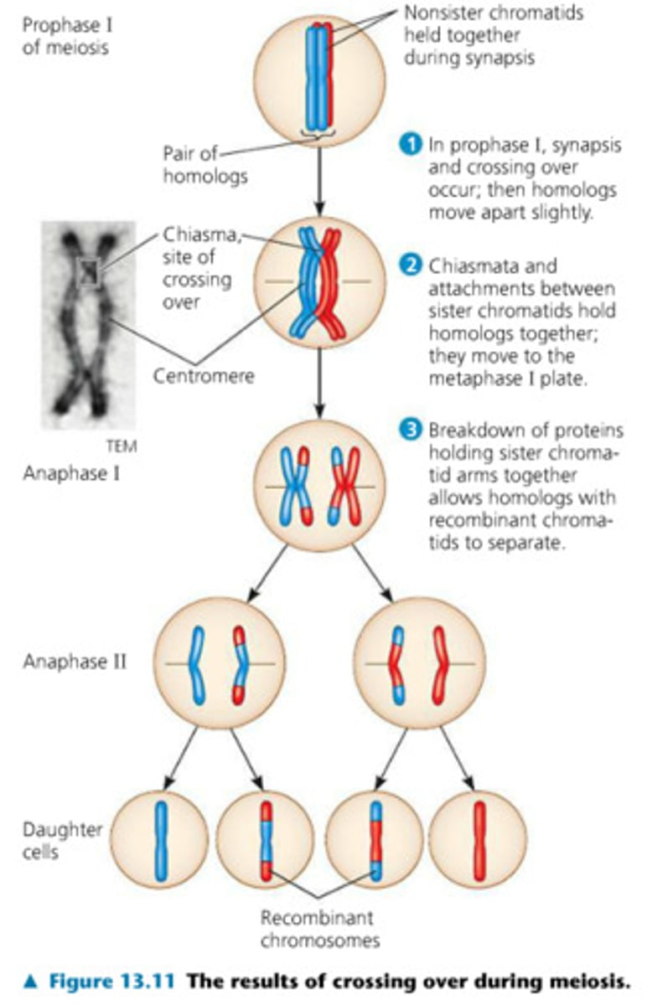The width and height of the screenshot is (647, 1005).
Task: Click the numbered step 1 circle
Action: point(410,144)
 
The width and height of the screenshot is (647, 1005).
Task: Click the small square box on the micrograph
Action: point(88,272)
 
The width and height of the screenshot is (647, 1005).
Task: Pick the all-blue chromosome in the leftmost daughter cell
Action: point(160,840)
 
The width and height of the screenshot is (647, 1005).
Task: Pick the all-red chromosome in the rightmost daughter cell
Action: point(479,840)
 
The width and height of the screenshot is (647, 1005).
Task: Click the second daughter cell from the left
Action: point(266,840)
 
